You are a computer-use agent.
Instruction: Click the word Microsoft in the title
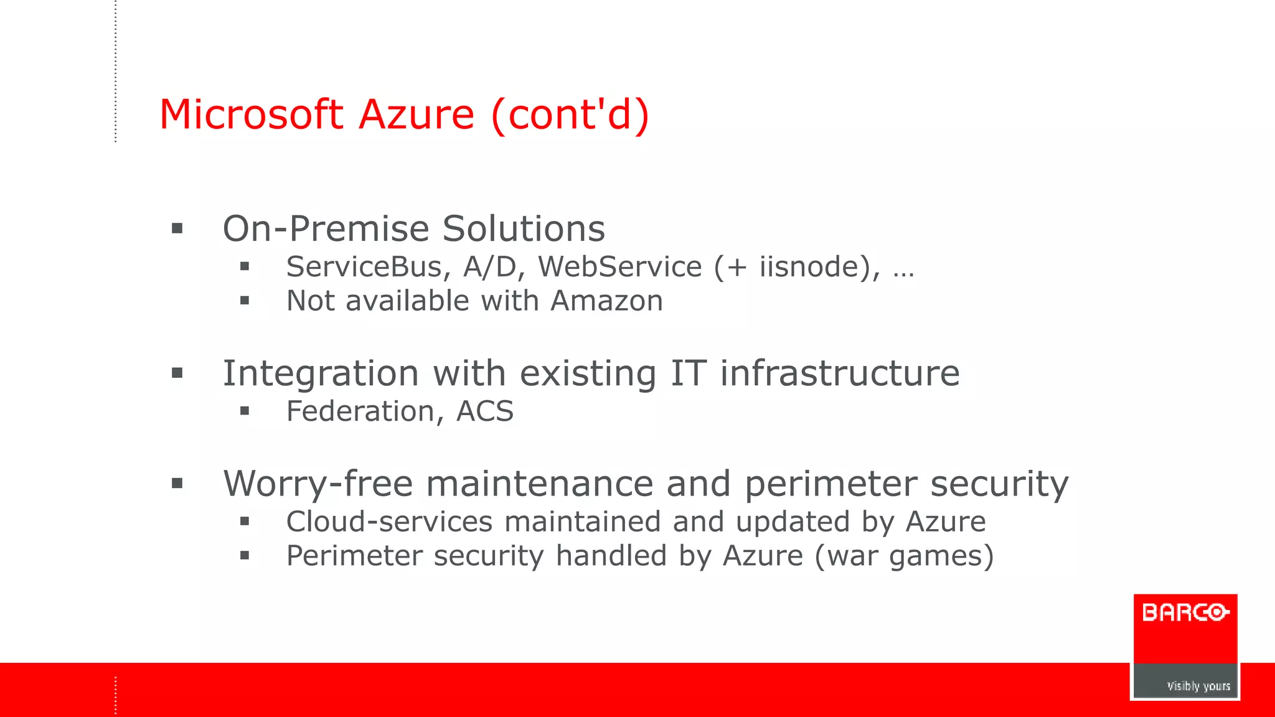coord(251,115)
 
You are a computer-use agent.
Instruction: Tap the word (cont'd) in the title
coord(570,115)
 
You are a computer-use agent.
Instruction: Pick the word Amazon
coord(607,301)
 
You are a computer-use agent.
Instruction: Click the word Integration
coord(321,373)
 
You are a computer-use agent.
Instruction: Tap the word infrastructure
coord(840,373)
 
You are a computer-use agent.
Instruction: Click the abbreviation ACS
coord(485,411)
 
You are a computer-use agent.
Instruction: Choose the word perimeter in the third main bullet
coord(830,484)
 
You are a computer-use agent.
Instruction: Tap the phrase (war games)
coord(904,556)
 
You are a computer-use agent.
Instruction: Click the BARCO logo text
coord(1185,613)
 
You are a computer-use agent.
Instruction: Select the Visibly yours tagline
coord(1198,686)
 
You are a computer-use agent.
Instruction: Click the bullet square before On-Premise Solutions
coord(177,228)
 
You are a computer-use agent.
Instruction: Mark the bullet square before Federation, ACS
coord(245,411)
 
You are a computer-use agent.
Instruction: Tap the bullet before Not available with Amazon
coord(245,301)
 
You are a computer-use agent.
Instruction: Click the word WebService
coord(619,267)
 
